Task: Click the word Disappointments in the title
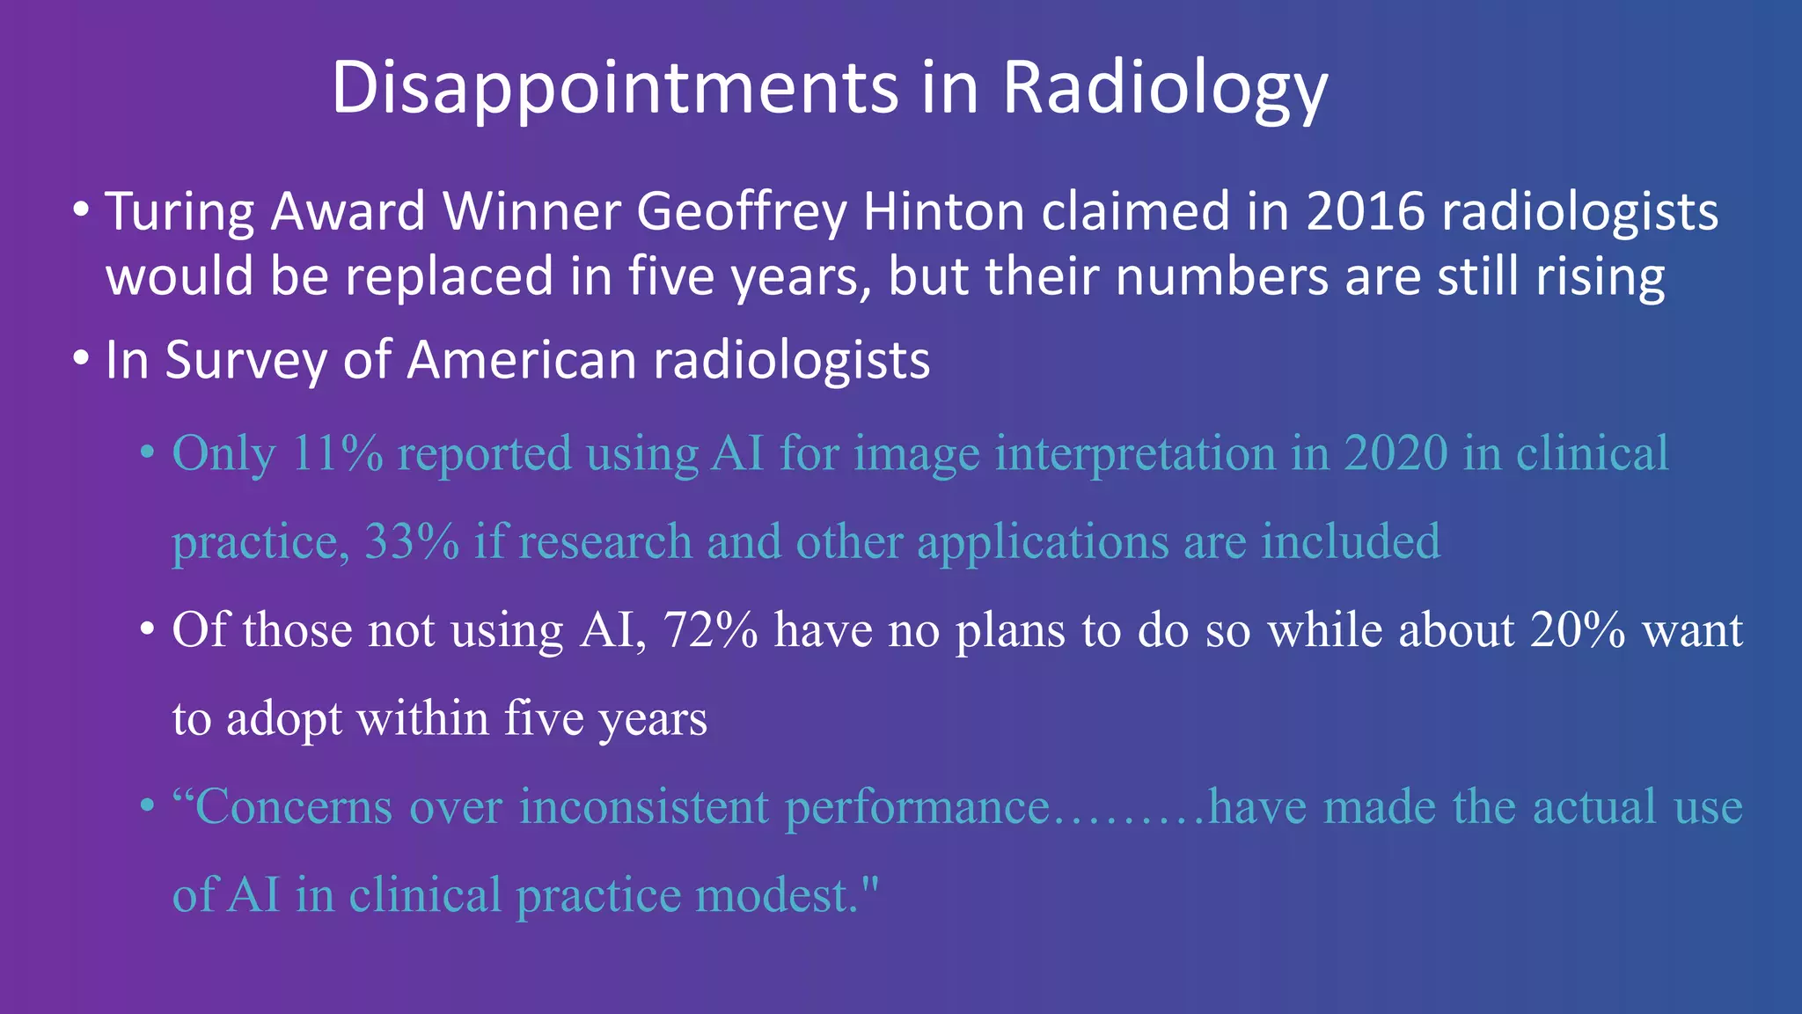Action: point(614,89)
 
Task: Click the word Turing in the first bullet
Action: point(179,213)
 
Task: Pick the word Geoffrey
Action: point(741,213)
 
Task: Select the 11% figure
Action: point(336,454)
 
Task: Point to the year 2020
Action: point(1395,454)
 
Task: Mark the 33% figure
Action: point(411,542)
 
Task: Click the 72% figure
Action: point(710,630)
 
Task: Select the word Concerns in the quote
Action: point(294,807)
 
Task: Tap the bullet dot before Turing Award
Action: point(82,211)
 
